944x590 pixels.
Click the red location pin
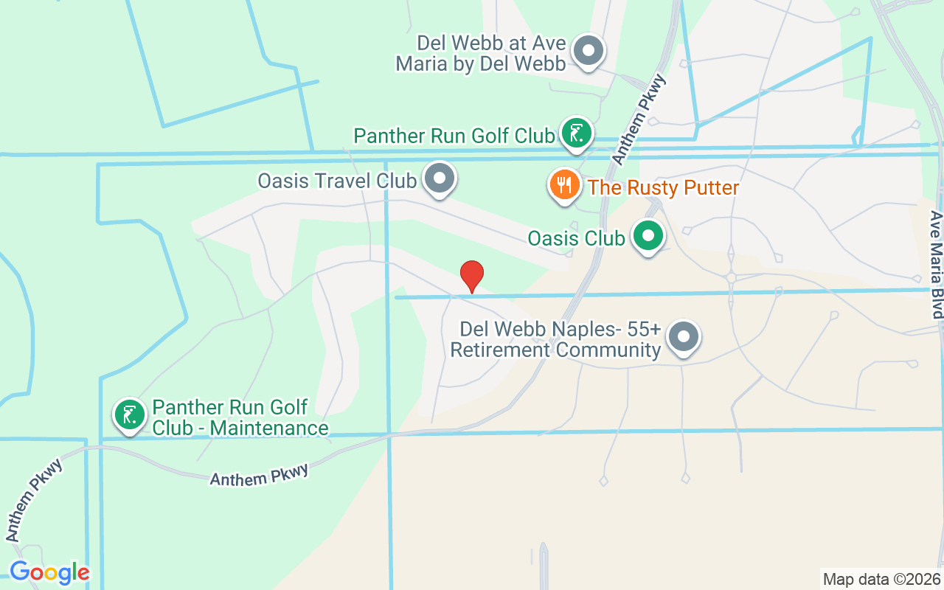tap(472, 276)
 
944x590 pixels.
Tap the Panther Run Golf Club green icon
tap(576, 133)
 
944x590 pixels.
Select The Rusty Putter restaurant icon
tap(564, 184)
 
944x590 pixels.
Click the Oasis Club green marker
tap(649, 237)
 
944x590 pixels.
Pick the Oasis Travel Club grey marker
tap(440, 178)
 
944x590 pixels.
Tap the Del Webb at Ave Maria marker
tap(589, 51)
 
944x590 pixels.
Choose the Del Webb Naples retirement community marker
tap(684, 337)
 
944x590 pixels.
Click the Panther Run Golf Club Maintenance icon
tap(130, 415)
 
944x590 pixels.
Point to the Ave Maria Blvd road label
tap(936, 265)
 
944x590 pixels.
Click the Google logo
tap(49, 572)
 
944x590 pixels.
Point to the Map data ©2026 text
tap(881, 579)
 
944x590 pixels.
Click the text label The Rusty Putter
tap(663, 187)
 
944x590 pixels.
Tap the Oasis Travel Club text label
tap(336, 181)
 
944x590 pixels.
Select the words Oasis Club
tap(576, 238)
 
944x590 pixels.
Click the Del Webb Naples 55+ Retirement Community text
tap(555, 339)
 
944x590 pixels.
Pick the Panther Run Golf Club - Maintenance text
tap(240, 417)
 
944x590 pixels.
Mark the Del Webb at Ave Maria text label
tap(481, 53)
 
